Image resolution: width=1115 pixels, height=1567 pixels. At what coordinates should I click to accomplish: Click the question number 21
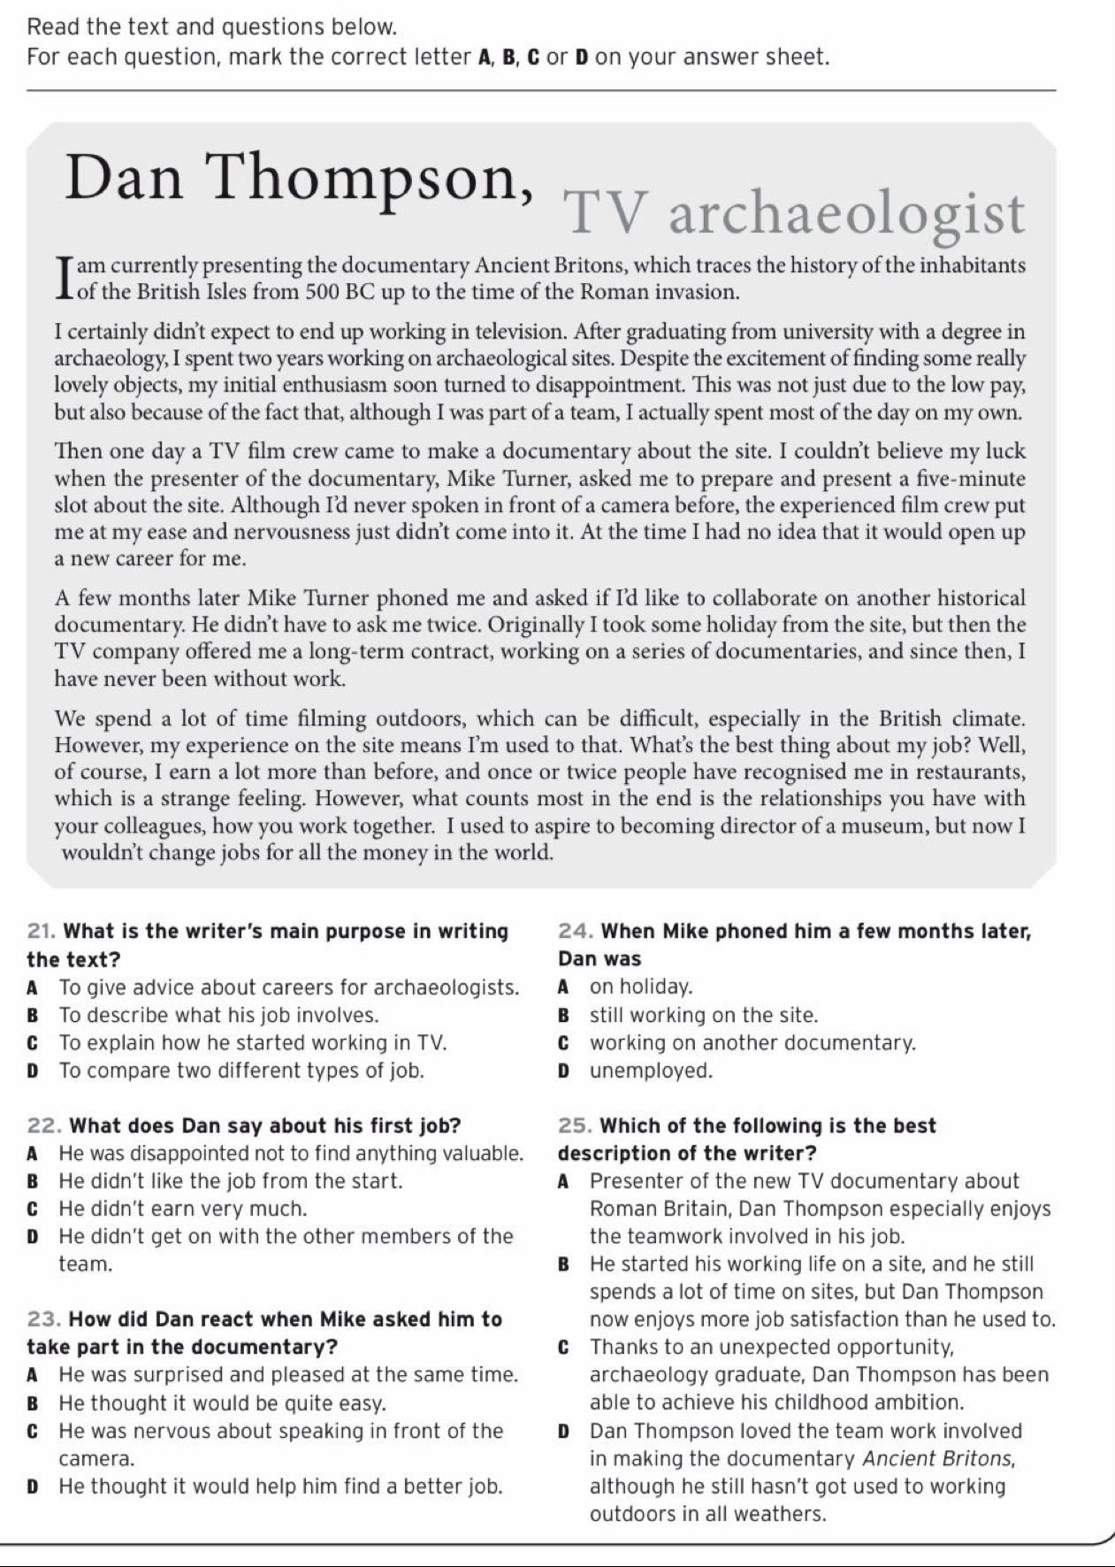coord(42,931)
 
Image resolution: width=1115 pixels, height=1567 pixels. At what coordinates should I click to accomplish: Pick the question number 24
coord(576,931)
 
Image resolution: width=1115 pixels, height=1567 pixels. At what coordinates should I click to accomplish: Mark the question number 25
coord(576,1125)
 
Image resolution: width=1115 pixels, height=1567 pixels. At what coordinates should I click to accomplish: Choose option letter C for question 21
coord(34,1043)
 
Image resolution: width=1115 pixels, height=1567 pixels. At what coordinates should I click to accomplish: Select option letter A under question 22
coord(33,1154)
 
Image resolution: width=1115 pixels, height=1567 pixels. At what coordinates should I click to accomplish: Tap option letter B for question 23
coord(34,1404)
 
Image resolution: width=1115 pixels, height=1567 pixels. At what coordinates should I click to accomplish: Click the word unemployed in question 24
coord(651,1072)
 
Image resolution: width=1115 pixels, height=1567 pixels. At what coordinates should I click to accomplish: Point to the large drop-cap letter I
coord(63,277)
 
